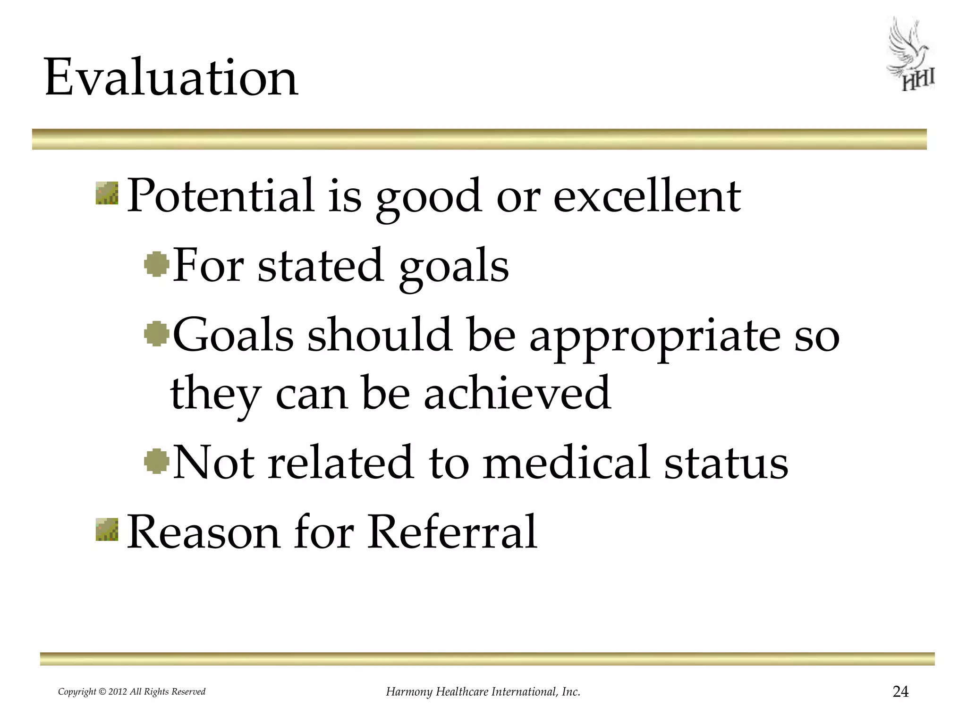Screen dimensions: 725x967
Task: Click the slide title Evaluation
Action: pyautogui.click(x=171, y=76)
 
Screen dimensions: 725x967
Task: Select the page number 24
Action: pyautogui.click(x=900, y=691)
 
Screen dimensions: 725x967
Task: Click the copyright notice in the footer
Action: pyautogui.click(x=132, y=692)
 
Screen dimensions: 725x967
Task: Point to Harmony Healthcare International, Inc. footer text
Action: pyautogui.click(x=483, y=692)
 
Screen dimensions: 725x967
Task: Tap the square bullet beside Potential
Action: pyautogui.click(x=107, y=194)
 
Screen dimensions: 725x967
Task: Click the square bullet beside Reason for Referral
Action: pyautogui.click(x=107, y=529)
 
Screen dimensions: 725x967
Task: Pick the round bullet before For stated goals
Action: pyautogui.click(x=157, y=264)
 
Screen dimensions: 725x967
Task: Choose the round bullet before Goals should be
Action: pyautogui.click(x=157, y=334)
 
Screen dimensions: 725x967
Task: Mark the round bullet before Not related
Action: pyautogui.click(x=157, y=461)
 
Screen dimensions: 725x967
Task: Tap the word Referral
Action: pyautogui.click(x=452, y=531)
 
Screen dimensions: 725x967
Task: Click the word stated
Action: pyautogui.click(x=320, y=265)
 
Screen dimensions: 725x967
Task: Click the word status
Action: pyautogui.click(x=726, y=462)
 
